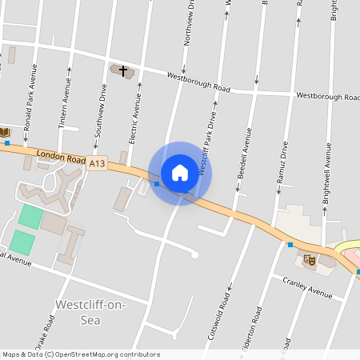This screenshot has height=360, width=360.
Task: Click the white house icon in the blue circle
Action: pyautogui.click(x=180, y=172)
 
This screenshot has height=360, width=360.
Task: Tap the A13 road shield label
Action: pyautogui.click(x=97, y=163)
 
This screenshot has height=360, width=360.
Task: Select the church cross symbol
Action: pyautogui.click(x=123, y=70)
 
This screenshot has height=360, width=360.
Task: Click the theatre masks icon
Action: pyautogui.click(x=310, y=259)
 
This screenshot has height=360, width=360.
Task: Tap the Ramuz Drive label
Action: pyautogui.click(x=281, y=163)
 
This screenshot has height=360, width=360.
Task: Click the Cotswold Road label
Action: pyautogui.click(x=218, y=316)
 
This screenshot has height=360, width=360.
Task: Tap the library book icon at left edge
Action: pyautogui.click(x=4, y=132)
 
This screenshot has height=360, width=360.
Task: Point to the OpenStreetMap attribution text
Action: pyautogui.click(x=82, y=354)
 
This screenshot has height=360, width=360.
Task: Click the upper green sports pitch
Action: pyautogui.click(x=32, y=216)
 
